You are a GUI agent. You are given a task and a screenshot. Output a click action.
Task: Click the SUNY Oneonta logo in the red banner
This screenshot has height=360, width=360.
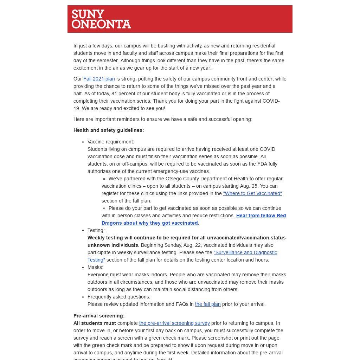coord(101,19)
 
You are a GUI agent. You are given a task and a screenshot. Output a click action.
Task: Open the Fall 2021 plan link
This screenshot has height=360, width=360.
coord(99,79)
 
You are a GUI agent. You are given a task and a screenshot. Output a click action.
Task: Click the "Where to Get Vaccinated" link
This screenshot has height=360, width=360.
coord(252,193)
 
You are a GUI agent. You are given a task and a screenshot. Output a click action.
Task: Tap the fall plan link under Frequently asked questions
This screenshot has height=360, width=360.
coord(208,304)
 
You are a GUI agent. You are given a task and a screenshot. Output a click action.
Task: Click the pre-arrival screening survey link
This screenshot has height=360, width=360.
coord(174,323)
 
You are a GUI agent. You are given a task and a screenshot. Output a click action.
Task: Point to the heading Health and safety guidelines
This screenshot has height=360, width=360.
coord(109,130)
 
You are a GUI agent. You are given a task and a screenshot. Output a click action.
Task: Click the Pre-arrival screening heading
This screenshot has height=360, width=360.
coord(99,316)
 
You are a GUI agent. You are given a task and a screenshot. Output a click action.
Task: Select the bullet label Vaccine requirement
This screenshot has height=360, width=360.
coord(111,142)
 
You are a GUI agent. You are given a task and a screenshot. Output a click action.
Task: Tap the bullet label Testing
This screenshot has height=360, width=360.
coord(96,230)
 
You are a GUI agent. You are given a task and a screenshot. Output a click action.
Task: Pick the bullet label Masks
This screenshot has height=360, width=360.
coord(95,267)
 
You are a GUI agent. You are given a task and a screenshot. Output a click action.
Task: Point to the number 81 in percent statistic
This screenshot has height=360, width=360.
coord(114,94)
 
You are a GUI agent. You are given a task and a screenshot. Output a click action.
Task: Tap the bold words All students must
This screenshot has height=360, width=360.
coord(95,323)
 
